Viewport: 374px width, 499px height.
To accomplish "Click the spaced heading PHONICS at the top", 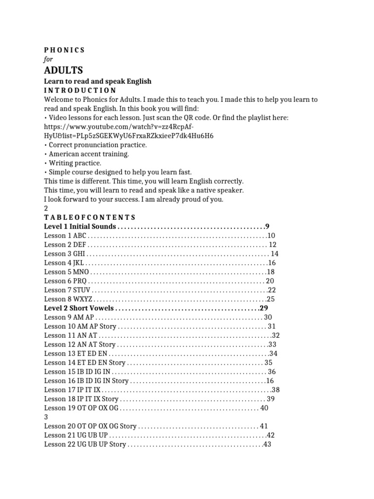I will [64, 50].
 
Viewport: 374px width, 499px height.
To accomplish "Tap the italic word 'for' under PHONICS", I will [48, 59].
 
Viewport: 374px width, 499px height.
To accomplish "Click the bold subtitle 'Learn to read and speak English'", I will [97, 81].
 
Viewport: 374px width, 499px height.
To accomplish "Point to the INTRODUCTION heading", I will [80, 90].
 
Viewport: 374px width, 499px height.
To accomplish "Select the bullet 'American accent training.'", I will [86, 154].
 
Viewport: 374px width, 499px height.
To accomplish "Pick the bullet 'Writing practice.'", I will [73, 163].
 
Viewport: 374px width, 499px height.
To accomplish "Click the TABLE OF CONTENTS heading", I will [90, 217].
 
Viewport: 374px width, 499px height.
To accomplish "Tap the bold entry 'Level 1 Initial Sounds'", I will [80, 227].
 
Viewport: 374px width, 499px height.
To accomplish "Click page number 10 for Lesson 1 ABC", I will [271, 235].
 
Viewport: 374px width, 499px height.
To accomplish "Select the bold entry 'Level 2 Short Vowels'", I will [78, 308].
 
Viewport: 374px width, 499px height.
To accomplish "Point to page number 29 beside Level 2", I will [264, 308].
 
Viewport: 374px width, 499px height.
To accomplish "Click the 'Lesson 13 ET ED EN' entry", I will [75, 353].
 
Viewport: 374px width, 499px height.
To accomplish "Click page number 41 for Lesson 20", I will [264, 426].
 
